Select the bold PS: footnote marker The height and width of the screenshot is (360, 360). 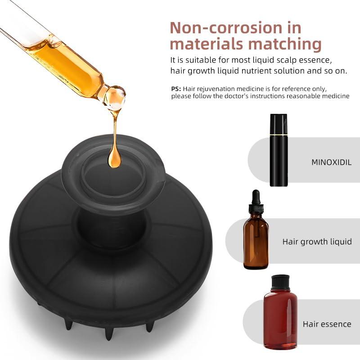[x=176, y=89]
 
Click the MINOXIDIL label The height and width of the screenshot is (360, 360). [x=331, y=162]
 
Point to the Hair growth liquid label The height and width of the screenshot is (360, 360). [x=317, y=242]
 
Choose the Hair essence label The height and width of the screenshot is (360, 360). [x=327, y=324]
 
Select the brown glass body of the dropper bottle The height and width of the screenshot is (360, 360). [x=256, y=241]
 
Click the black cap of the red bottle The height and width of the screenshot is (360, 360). [x=280, y=282]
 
